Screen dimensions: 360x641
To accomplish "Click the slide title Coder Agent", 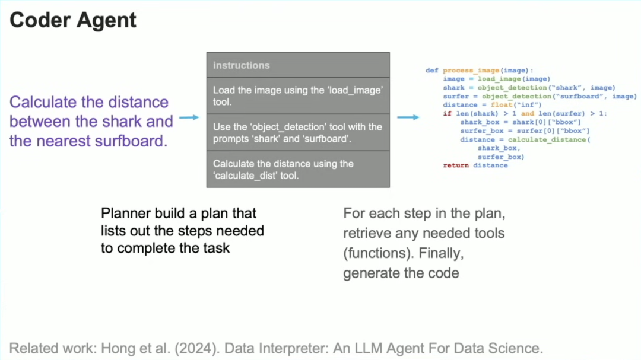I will (73, 20).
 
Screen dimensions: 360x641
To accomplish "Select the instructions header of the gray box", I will (241, 65).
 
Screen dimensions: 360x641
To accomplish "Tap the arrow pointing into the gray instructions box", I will (189, 118).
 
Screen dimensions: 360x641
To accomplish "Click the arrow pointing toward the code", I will (408, 117).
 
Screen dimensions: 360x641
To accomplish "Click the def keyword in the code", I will (431, 71).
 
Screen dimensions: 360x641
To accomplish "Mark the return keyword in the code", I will (455, 165).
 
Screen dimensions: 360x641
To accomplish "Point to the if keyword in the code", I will (446, 113).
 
